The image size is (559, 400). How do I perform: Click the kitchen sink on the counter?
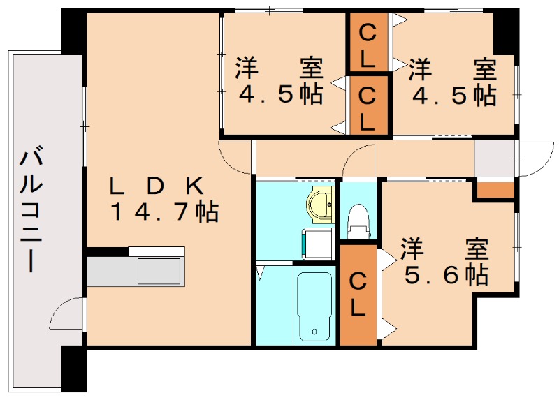[x=160, y=271]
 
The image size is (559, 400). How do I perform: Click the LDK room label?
[x=157, y=186]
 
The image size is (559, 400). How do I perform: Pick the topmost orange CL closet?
[x=369, y=43]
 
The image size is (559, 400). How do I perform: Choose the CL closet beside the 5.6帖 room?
[x=358, y=295]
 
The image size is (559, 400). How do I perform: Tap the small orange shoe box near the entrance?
[x=495, y=189]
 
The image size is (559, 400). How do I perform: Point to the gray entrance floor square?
[x=495, y=158]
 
